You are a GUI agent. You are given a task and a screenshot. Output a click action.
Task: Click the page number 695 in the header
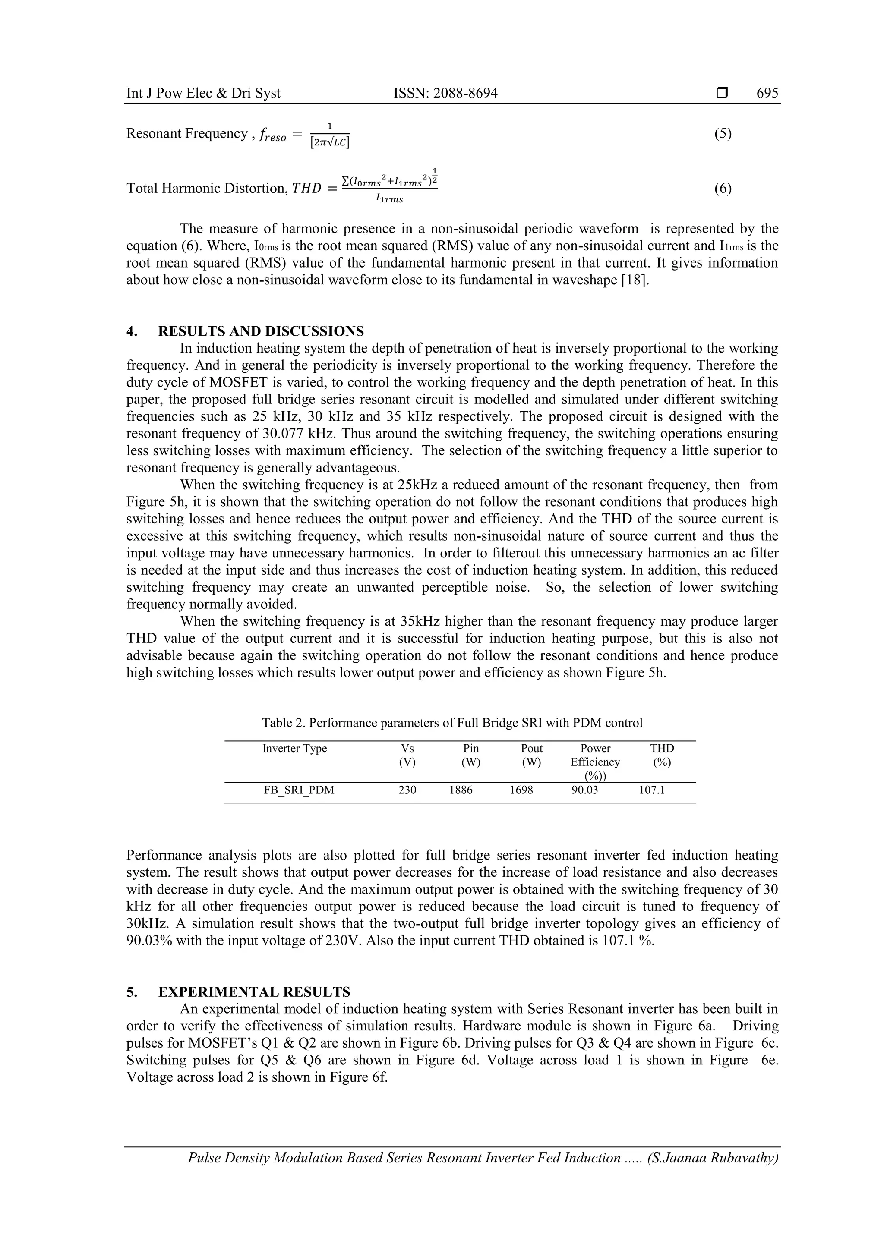pos(767,93)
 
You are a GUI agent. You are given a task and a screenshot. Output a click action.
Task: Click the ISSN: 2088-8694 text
pos(445,93)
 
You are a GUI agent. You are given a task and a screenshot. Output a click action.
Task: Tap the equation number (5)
pos(722,134)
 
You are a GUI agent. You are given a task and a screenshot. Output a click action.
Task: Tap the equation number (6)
pos(722,189)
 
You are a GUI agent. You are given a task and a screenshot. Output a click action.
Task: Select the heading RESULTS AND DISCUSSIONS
pos(261,331)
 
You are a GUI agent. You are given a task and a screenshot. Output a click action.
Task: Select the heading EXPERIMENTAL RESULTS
pos(254,992)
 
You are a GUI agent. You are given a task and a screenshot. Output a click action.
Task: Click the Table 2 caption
pos(452,722)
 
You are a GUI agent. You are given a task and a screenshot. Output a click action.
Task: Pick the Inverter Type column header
pos(295,748)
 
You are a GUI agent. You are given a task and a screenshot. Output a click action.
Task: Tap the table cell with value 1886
pos(461,790)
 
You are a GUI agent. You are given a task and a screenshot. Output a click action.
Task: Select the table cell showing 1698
pos(521,790)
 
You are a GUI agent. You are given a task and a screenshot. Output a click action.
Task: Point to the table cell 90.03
pos(584,790)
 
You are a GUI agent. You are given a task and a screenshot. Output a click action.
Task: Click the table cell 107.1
pos(651,790)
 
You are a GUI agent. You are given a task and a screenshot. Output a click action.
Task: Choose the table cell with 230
pos(407,790)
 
